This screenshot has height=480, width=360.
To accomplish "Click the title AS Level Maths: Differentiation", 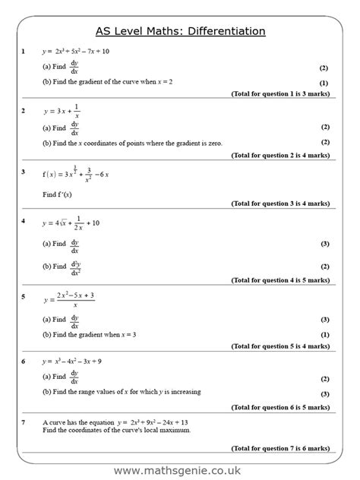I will coord(180,31).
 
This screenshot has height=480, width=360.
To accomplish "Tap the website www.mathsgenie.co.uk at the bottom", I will coord(180,471).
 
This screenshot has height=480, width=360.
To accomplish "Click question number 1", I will coord(24,52).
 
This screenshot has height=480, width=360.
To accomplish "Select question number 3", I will coord(24,172).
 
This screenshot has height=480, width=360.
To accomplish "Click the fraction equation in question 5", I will coord(70,298).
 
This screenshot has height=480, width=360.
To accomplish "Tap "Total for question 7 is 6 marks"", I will coord(279,449).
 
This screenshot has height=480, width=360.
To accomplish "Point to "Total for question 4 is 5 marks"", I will coord(279,278).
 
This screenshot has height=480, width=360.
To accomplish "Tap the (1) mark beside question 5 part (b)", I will coord(324,334).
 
